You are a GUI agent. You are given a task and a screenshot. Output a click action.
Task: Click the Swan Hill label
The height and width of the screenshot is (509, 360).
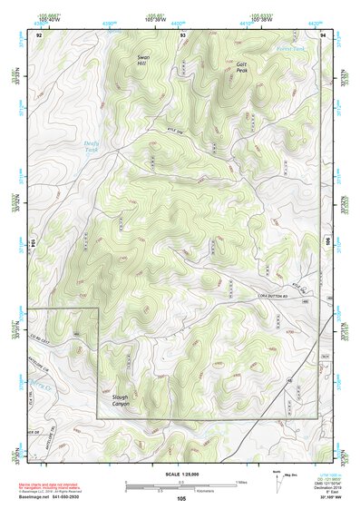(142, 61)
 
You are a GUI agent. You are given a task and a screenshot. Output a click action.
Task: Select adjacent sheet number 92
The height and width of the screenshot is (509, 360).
(39, 34)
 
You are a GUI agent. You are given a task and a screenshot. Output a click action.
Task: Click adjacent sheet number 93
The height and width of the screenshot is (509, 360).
(182, 34)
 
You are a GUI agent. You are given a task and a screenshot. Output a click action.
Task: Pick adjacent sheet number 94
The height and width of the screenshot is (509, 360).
(323, 34)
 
